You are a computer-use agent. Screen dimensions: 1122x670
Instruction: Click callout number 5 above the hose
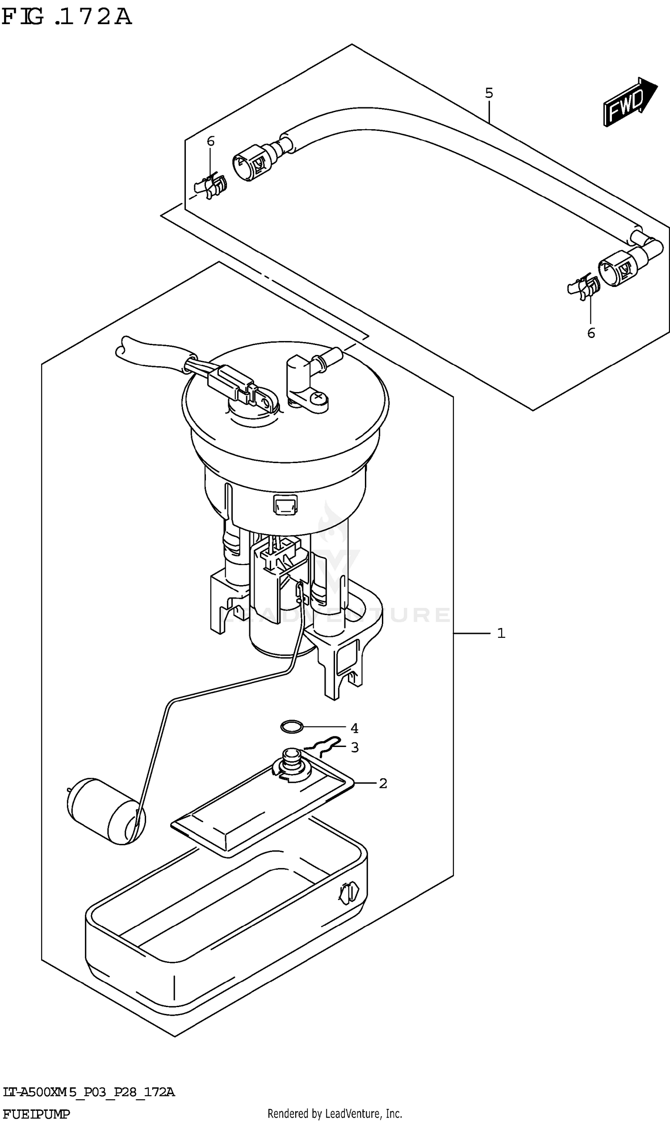pyautogui.click(x=489, y=93)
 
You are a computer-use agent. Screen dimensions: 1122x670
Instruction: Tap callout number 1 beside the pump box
pyautogui.click(x=501, y=633)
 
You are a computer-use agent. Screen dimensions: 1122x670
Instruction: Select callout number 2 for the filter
pyautogui.click(x=383, y=783)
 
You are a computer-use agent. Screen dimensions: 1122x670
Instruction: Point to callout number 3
pyautogui.click(x=355, y=747)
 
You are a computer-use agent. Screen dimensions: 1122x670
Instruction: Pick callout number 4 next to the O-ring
pyautogui.click(x=354, y=728)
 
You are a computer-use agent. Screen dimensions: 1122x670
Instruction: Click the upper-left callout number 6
pyautogui.click(x=210, y=141)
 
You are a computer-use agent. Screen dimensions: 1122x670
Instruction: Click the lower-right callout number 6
pyautogui.click(x=591, y=333)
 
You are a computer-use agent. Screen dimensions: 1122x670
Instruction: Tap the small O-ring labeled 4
pyautogui.click(x=292, y=727)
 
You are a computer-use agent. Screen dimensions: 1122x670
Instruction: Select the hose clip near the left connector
pyautogui.click(x=211, y=186)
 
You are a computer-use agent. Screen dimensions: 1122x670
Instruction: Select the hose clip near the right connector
pyautogui.click(x=584, y=287)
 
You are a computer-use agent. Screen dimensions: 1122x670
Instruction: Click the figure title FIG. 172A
pyautogui.click(x=67, y=17)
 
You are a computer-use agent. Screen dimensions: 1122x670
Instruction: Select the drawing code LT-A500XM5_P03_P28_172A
pyautogui.click(x=88, y=1092)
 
